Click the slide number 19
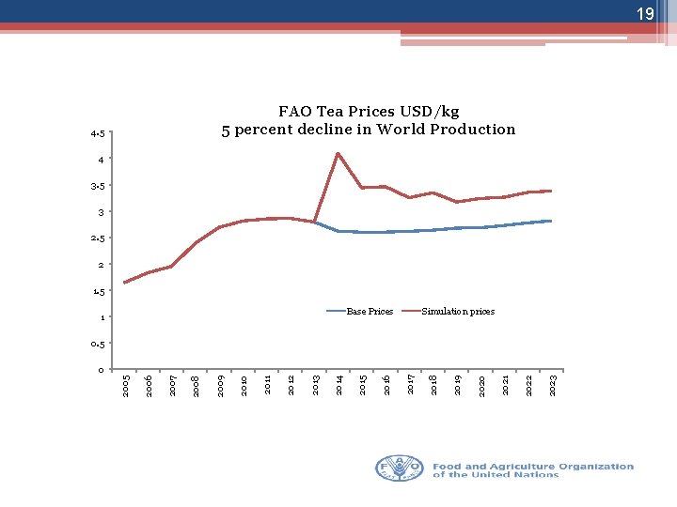coord(644,14)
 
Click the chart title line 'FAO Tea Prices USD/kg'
coord(369,112)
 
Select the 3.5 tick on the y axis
coord(98,186)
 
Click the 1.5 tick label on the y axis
coord(98,291)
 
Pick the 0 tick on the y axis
coord(101,370)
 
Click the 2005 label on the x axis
coord(126,385)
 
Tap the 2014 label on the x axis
coord(339,385)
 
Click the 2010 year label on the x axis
coord(244,385)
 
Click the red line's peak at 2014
coord(338,153)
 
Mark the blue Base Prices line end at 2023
coord(551,221)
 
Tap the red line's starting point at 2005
coord(124,283)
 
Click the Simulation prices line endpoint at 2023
coord(551,191)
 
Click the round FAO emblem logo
coord(401,469)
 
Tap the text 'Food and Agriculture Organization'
coord(533,466)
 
